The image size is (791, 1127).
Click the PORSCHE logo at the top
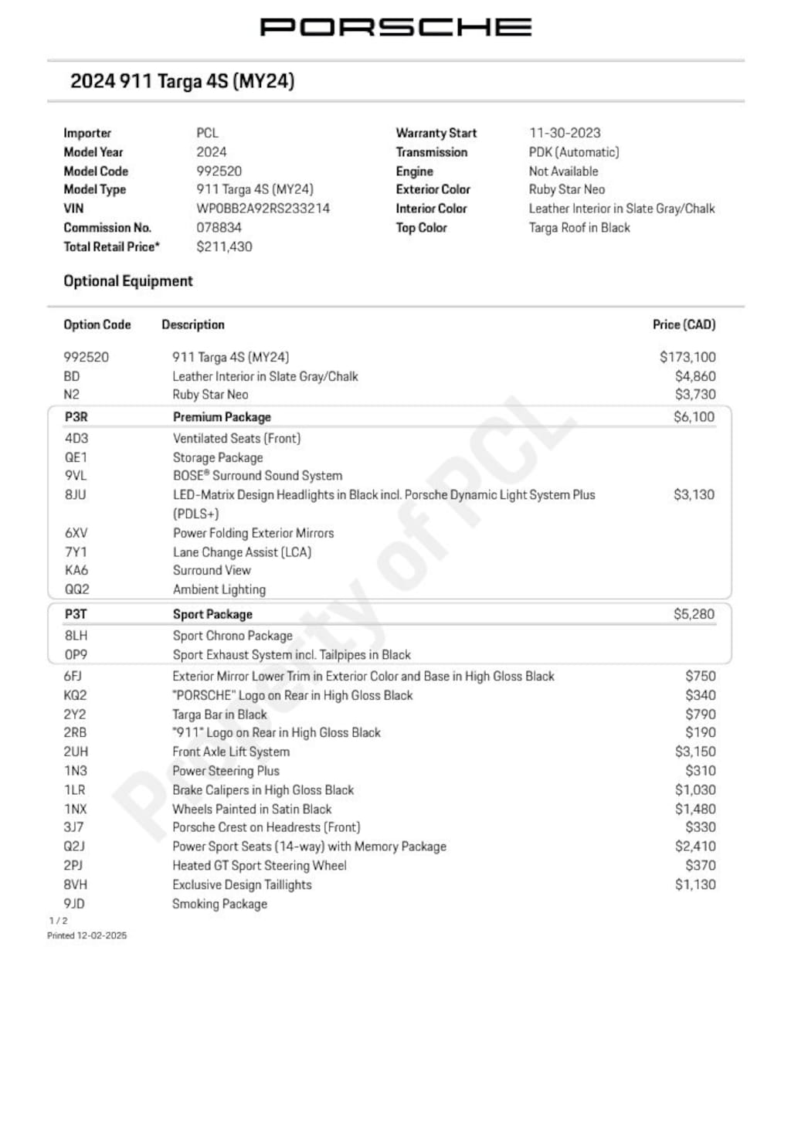point(395,27)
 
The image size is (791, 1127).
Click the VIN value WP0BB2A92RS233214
point(263,209)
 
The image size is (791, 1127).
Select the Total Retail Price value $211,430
point(224,246)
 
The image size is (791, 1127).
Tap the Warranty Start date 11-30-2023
point(565,133)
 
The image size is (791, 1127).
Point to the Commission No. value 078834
point(219,228)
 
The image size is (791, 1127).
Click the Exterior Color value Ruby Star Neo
point(566,189)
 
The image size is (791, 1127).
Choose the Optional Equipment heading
point(128,281)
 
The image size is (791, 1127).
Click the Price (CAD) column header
point(684,324)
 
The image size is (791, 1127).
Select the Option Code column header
point(97,324)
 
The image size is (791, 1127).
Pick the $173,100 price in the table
point(687,357)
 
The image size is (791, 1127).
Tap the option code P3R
point(76,417)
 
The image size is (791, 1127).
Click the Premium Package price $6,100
point(694,417)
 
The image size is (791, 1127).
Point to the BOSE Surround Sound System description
point(257,476)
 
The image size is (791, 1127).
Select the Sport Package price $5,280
point(694,614)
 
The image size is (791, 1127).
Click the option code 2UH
point(76,752)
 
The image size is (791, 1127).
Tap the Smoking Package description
point(219,904)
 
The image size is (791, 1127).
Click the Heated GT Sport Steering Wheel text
point(260,866)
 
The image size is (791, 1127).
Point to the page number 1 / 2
point(58,921)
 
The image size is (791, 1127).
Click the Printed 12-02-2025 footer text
point(87,935)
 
